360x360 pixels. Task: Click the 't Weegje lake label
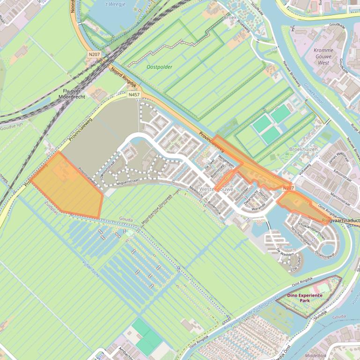point(115,4)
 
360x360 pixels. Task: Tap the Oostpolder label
point(159,67)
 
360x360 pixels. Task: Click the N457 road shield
point(134,95)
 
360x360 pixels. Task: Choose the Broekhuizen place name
point(303,149)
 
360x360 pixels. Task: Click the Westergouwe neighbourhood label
point(216,189)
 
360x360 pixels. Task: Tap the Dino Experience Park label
point(305,298)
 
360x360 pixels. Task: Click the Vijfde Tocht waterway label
point(91,268)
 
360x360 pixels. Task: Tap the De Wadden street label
point(285,252)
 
